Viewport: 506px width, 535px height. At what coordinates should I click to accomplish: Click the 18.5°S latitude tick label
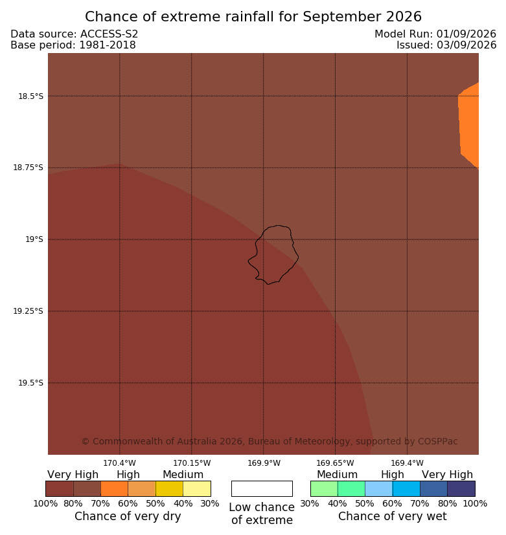pos(30,96)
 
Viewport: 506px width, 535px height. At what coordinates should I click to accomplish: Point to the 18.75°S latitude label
pos(29,168)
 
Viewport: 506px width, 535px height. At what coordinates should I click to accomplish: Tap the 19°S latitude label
pos(34,239)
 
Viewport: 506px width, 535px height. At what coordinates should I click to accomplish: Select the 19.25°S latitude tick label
pos(29,311)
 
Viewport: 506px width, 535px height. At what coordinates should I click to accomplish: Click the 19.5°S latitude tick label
pos(30,383)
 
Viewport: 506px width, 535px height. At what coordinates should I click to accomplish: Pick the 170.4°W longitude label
pos(120,463)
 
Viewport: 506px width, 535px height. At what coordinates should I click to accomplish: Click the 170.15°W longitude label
pos(192,463)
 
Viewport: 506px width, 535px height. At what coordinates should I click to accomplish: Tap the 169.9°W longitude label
pos(264,463)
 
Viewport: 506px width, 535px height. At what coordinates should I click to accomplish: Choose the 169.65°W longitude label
pos(335,463)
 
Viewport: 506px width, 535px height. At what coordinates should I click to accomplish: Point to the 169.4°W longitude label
pos(408,463)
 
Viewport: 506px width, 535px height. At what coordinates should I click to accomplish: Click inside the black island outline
pos(273,256)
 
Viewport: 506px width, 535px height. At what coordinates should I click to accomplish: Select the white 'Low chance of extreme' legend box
pos(262,488)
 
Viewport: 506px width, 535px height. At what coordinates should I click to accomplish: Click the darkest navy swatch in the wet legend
pos(461,488)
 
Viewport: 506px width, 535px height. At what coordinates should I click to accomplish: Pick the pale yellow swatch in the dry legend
pos(197,488)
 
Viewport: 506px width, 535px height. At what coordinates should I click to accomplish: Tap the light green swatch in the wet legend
pos(324,488)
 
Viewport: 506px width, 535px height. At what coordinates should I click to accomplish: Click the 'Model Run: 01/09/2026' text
pos(435,34)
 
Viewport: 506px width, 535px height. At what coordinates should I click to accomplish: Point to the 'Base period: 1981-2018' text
pos(73,45)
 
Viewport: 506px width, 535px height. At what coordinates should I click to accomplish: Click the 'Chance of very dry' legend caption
pos(128,516)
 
